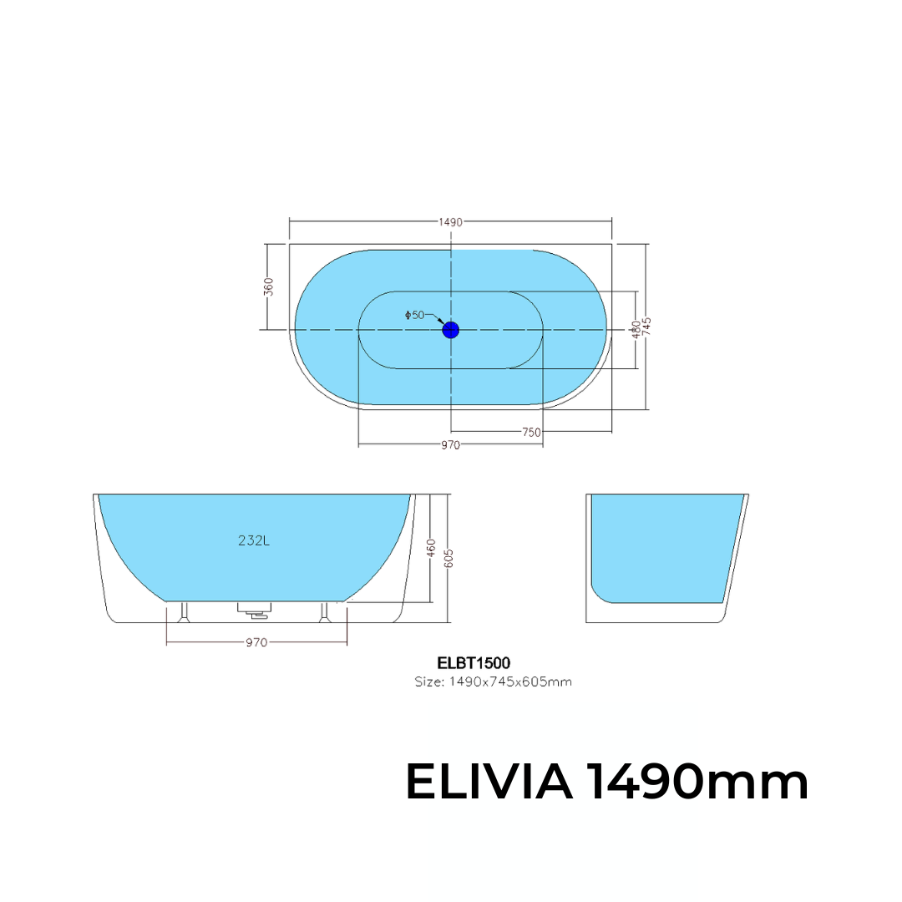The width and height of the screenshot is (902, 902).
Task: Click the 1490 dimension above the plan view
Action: click(450, 222)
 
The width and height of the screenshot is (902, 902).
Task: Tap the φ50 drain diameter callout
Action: click(415, 315)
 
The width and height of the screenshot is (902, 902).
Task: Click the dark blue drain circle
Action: click(451, 330)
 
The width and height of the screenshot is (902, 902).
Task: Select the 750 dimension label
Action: click(531, 433)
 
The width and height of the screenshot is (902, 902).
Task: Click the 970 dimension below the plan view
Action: click(450, 445)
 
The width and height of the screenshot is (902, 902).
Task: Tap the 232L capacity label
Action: click(254, 540)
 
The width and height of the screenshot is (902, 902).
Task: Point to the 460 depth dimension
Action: click(431, 548)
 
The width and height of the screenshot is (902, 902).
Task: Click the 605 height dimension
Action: click(449, 557)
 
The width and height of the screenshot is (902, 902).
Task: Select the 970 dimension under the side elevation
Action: click(256, 642)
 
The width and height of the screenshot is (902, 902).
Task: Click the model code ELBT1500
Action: click(474, 663)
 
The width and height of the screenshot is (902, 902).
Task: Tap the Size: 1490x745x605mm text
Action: click(493, 682)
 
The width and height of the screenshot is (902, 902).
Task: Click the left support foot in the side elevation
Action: click(184, 613)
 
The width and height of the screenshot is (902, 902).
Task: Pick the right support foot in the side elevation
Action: click(326, 613)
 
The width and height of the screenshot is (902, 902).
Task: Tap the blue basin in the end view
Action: click(664, 547)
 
